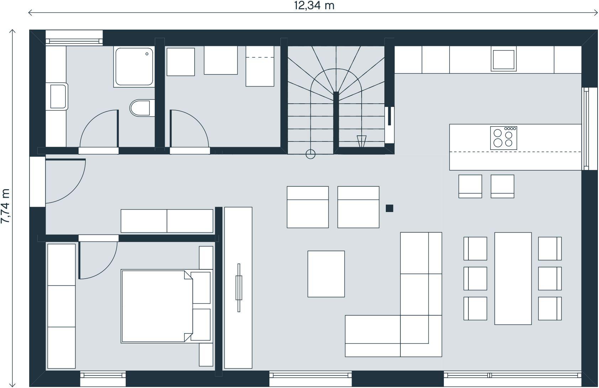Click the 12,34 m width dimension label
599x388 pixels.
(314, 6)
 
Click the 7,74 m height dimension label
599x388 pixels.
(6, 206)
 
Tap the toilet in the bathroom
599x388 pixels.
(142, 108)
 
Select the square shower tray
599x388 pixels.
(134, 67)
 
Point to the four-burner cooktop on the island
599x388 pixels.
(504, 138)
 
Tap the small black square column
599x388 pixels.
(389, 208)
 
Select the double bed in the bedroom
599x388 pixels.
(166, 306)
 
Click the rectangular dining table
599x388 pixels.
(513, 279)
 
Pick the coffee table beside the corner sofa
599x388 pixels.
(326, 274)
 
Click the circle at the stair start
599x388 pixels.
(310, 154)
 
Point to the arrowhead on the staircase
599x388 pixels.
(362, 141)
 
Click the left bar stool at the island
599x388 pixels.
(470, 186)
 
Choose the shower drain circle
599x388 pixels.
(147, 54)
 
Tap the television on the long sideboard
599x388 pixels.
(238, 288)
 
